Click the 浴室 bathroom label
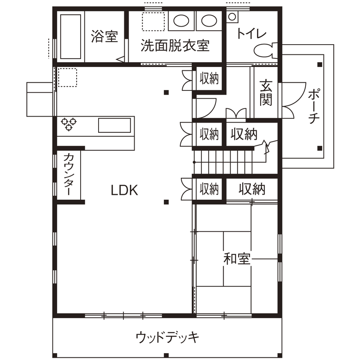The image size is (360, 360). [x=104, y=36]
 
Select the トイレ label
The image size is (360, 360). [x=252, y=33]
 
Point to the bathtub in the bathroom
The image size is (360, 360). [x=71, y=36]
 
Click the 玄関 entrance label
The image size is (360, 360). [x=265, y=93]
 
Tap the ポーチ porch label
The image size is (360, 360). [x=313, y=106]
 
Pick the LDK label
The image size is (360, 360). [x=125, y=190]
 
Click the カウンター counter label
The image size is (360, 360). [x=69, y=175]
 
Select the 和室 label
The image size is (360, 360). [x=237, y=258]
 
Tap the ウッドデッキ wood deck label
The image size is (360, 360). [x=167, y=337]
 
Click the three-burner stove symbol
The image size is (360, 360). [x=69, y=124]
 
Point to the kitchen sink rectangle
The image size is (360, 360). [x=114, y=126]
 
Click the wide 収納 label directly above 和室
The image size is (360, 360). [x=252, y=189]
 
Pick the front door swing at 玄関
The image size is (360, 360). [x=288, y=101]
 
